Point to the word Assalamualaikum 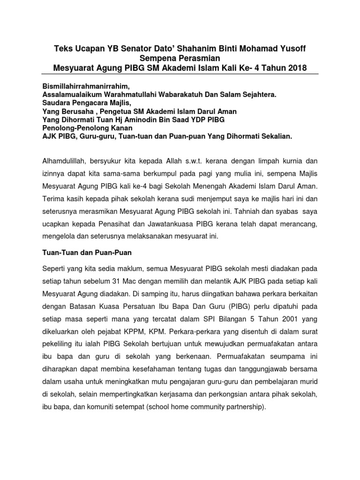click(x=72, y=94)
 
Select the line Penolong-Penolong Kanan click(x=88, y=128)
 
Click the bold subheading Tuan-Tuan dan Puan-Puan click(x=87, y=253)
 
